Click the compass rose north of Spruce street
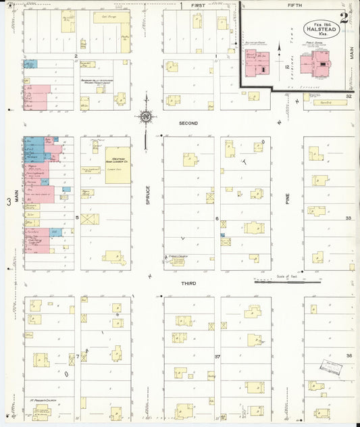click(x=145, y=118)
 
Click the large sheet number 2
click(x=344, y=18)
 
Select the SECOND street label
click(x=188, y=124)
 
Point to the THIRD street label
click(x=188, y=284)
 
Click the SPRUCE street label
click(x=147, y=195)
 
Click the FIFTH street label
click(x=294, y=5)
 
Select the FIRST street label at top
click(x=198, y=5)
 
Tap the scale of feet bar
click(x=277, y=281)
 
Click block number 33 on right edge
click(x=349, y=219)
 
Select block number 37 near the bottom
click(x=217, y=355)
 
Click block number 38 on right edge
click(x=349, y=356)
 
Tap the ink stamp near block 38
click(x=330, y=368)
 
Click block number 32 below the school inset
click(x=349, y=97)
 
